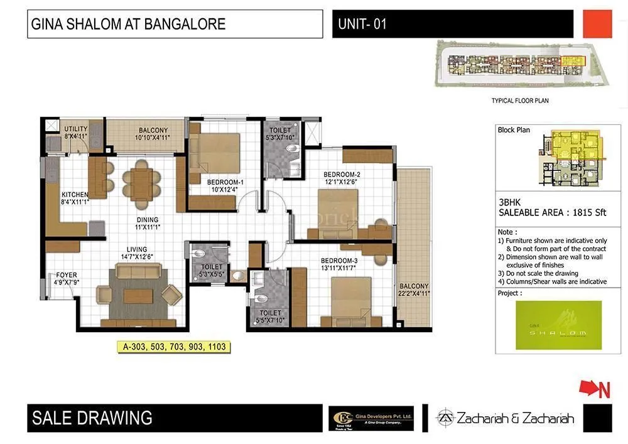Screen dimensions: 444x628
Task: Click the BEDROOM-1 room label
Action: coord(225,182)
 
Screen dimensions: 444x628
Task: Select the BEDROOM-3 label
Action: coord(338,261)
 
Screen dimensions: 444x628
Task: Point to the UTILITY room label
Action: coord(76,129)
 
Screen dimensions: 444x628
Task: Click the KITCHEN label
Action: coord(74,194)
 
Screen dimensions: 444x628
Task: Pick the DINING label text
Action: coord(148,220)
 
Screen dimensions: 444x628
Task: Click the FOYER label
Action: coord(67,275)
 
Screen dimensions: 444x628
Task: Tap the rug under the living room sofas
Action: coord(138,293)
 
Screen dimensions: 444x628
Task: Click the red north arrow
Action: coord(594,389)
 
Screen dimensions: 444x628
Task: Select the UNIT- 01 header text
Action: coord(362,24)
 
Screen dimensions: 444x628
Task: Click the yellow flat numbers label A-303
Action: coord(171,346)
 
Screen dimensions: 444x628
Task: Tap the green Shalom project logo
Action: coord(558,325)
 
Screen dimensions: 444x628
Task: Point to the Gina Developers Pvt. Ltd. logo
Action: coord(371,418)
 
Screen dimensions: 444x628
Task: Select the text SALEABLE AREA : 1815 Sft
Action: coord(552,213)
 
